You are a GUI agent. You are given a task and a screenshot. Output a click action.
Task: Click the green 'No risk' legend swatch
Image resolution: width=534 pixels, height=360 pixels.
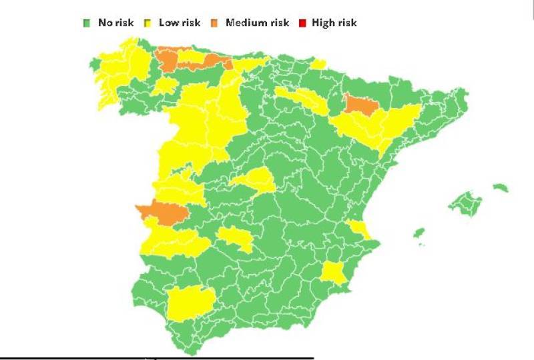(x=86, y=23)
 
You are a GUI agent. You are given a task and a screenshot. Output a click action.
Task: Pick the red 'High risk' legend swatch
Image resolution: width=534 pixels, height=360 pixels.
(x=302, y=23)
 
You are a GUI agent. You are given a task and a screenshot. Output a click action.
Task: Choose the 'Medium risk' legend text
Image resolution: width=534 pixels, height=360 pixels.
(x=257, y=23)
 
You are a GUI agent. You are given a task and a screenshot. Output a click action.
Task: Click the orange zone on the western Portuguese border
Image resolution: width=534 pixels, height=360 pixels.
(x=161, y=211)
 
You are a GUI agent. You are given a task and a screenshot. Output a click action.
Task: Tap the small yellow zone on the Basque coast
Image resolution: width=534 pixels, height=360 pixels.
(x=318, y=64)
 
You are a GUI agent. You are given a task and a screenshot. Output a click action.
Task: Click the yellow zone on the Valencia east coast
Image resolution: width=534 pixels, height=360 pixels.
(x=360, y=229)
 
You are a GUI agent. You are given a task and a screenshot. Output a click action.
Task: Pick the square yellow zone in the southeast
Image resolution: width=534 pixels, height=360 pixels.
(x=332, y=273)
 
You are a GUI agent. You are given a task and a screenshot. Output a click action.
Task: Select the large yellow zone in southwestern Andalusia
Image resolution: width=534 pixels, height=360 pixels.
(x=190, y=303)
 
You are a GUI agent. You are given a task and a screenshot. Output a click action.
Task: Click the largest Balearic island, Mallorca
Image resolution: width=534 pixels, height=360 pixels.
(x=466, y=203)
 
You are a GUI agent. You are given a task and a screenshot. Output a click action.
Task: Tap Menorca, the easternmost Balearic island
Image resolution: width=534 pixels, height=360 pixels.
(x=501, y=188)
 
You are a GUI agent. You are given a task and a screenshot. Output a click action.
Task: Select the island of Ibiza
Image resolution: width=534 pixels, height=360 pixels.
(x=419, y=233)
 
